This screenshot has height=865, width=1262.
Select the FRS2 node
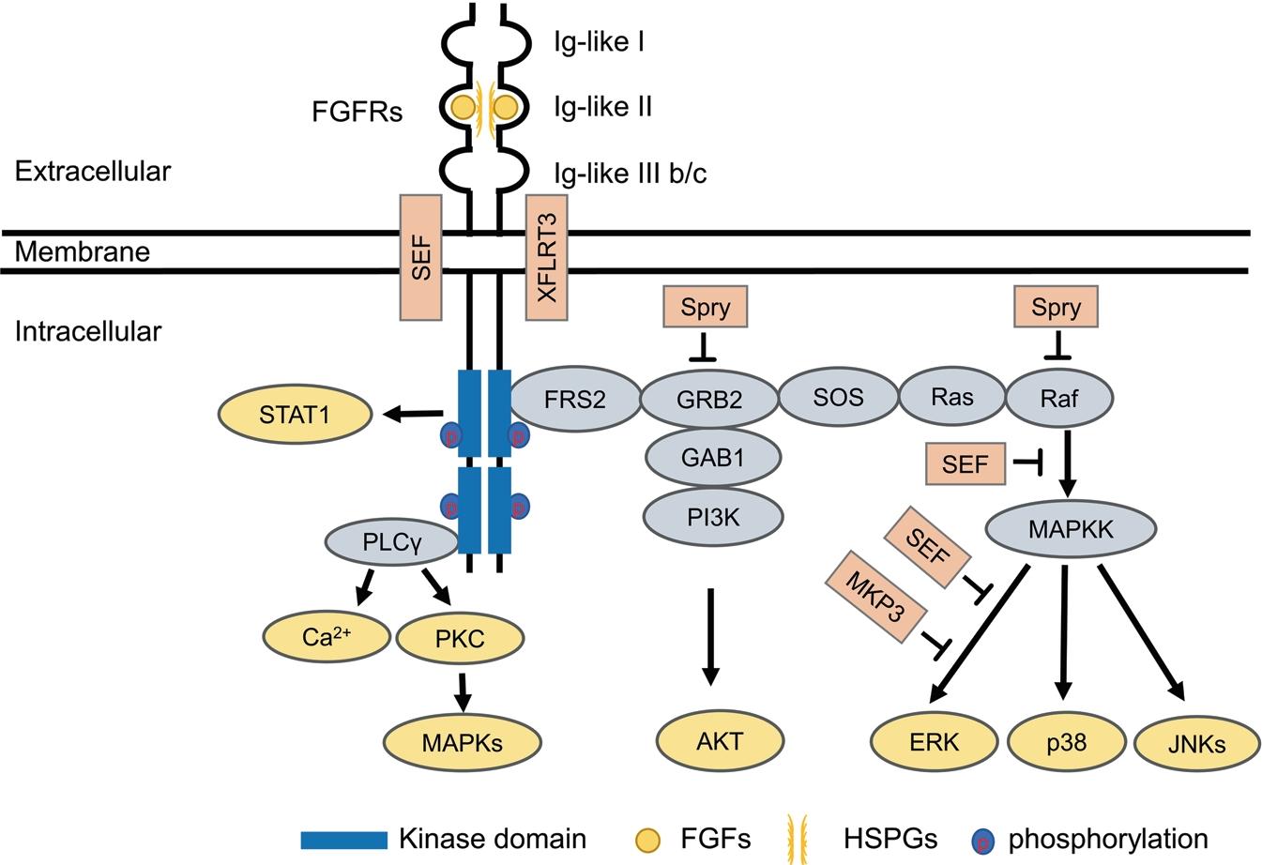click(x=575, y=399)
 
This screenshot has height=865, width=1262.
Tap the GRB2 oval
click(x=709, y=400)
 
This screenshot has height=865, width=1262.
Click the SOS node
click(x=838, y=397)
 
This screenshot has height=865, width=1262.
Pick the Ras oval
click(x=951, y=397)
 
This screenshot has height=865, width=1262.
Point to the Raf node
click(x=1058, y=398)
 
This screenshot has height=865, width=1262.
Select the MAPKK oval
click(x=1071, y=529)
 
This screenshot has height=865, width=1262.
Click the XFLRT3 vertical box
click(x=547, y=257)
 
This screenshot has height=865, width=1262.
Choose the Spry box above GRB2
click(x=706, y=307)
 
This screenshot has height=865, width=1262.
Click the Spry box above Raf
click(x=1057, y=307)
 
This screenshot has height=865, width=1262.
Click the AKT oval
click(x=720, y=740)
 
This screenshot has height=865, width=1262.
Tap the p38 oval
click(x=1066, y=743)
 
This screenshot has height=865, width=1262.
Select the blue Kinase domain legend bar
click(x=343, y=839)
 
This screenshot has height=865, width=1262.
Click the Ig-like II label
click(x=603, y=107)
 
